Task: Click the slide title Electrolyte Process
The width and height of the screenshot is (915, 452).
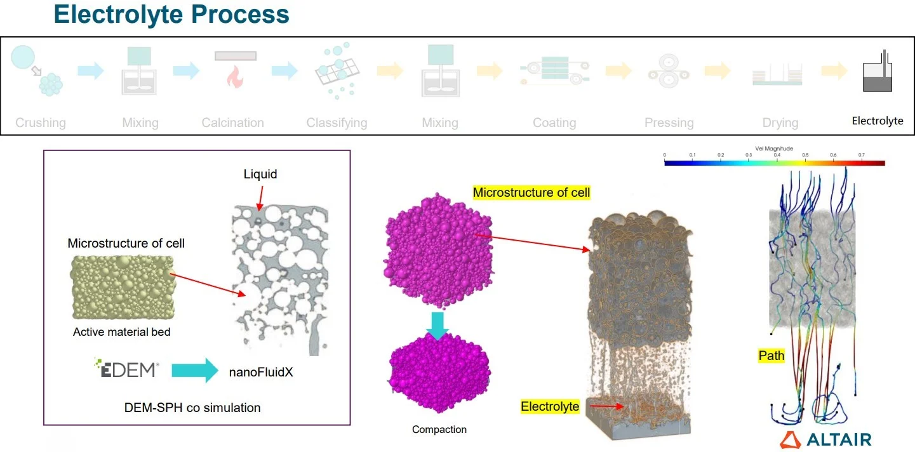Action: click(x=171, y=14)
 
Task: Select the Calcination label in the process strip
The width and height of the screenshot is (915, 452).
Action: click(x=232, y=123)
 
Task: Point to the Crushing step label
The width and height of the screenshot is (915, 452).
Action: click(x=41, y=123)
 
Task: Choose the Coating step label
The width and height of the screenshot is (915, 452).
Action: click(x=554, y=123)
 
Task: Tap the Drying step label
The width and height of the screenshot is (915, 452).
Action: click(x=780, y=123)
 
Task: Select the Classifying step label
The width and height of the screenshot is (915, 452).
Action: click(x=337, y=123)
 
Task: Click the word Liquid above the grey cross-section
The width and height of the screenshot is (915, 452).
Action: click(x=260, y=174)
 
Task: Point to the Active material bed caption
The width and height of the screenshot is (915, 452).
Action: click(x=122, y=331)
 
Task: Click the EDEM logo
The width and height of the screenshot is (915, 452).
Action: click(x=126, y=368)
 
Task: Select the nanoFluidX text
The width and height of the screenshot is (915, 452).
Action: click(x=261, y=373)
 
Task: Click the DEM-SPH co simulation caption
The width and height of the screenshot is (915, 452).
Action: click(x=192, y=408)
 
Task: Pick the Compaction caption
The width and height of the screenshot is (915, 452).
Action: click(x=439, y=430)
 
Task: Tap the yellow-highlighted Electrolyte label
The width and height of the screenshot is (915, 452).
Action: click(x=550, y=406)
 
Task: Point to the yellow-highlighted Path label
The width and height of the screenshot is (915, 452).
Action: click(x=771, y=356)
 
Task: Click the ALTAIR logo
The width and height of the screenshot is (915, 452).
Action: click(x=825, y=439)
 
